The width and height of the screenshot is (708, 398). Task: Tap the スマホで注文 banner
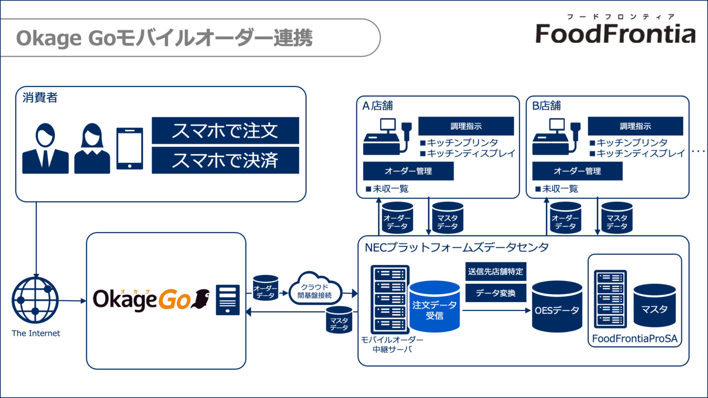click(225, 131)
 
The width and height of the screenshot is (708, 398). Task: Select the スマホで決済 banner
click(225, 160)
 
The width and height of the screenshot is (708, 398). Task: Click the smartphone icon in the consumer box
click(130, 148)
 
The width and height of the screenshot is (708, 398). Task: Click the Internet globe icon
click(35, 300)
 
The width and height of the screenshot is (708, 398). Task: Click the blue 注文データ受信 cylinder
click(435, 307)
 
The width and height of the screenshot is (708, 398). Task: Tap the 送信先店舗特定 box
click(496, 272)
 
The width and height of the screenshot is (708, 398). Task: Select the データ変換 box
click(496, 293)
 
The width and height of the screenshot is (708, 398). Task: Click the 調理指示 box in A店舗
click(466, 126)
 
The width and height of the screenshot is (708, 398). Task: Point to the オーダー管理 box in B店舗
click(577, 171)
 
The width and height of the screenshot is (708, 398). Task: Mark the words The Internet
click(36, 333)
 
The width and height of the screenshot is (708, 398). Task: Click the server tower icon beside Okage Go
click(228, 300)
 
